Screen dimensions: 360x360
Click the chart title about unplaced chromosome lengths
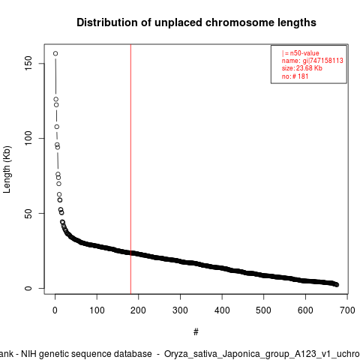tap(196, 22)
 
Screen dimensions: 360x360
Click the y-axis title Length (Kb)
tap(7, 169)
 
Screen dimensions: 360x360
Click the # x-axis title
tap(196, 332)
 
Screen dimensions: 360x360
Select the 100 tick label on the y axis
tap(28, 138)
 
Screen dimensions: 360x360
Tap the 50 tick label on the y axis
tap(28, 213)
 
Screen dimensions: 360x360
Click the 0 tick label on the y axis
tap(28, 288)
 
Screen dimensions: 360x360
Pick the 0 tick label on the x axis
tap(55, 310)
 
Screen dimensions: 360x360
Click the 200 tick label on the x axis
tap(138, 310)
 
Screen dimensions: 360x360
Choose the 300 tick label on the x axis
tap(180, 310)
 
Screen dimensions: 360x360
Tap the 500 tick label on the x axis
tap(263, 310)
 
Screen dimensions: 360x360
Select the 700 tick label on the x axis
tap(347, 310)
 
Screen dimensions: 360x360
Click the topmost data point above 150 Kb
tap(55, 53)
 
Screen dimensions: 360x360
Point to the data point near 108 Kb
tap(57, 127)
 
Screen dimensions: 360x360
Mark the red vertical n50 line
tap(130, 169)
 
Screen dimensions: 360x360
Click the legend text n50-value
tap(304, 53)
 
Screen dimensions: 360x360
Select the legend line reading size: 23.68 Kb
tap(302, 68)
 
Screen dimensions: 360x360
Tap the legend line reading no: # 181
tap(295, 76)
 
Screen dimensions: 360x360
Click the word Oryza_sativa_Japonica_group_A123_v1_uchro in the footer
tap(262, 354)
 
